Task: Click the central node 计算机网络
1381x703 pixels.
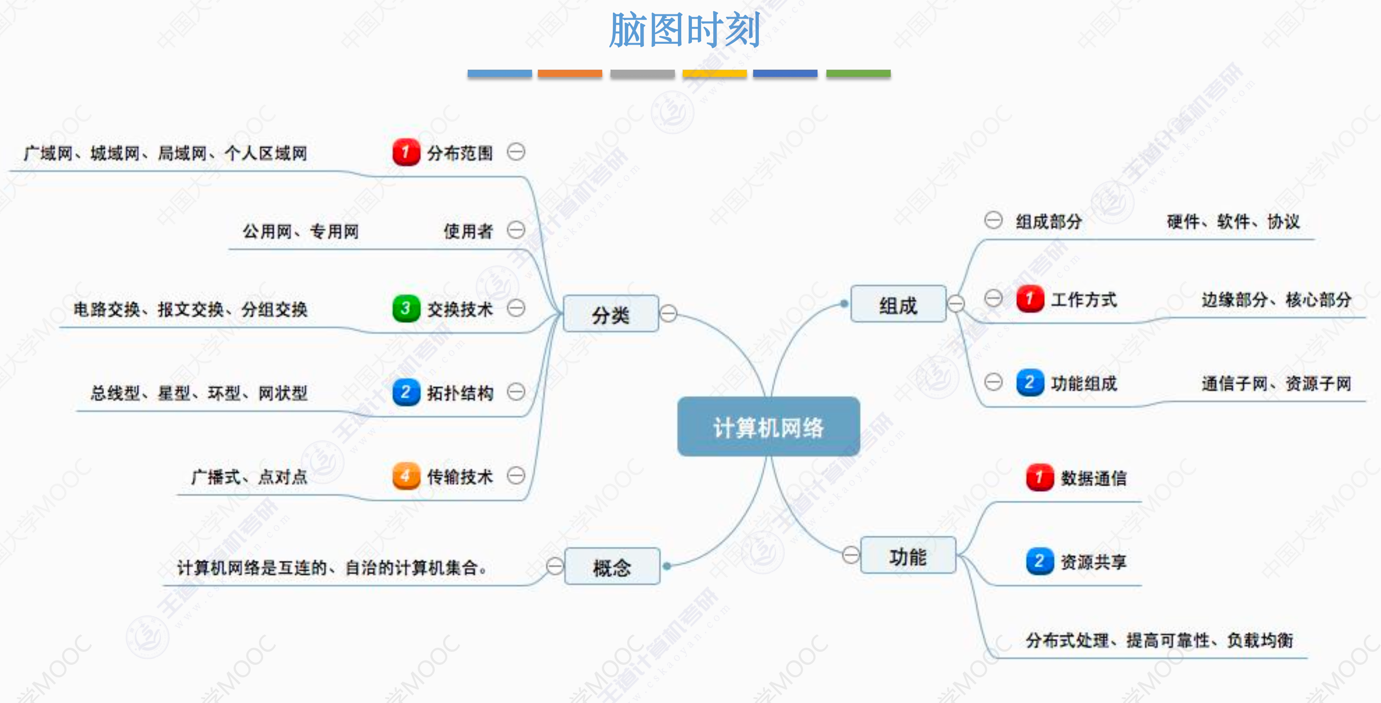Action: [x=768, y=427]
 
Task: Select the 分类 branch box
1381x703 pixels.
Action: [x=611, y=314]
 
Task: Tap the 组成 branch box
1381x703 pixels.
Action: [x=898, y=304]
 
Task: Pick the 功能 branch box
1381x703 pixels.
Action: [x=908, y=556]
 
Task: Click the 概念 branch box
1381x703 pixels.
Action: [x=612, y=566]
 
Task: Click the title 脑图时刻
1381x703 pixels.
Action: [x=684, y=30]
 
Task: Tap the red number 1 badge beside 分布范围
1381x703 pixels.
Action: [x=406, y=153]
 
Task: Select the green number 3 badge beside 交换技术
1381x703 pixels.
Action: [x=406, y=308]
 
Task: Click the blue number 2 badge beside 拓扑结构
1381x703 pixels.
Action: [x=406, y=392]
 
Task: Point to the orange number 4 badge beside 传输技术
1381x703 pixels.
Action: [x=406, y=476]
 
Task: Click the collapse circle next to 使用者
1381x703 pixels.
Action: [x=516, y=230]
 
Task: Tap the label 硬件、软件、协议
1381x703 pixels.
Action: [x=1233, y=221]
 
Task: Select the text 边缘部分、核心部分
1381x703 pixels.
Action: [x=1276, y=299]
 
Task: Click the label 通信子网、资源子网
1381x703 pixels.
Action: [x=1276, y=383]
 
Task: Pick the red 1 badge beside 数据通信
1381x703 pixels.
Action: [x=1040, y=477]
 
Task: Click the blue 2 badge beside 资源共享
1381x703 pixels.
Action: [x=1040, y=561]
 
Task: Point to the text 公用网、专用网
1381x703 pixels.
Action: [x=300, y=231]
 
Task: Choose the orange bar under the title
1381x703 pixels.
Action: [x=570, y=73]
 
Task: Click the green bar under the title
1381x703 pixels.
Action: [x=858, y=73]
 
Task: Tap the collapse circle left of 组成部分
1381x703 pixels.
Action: [x=993, y=220]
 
